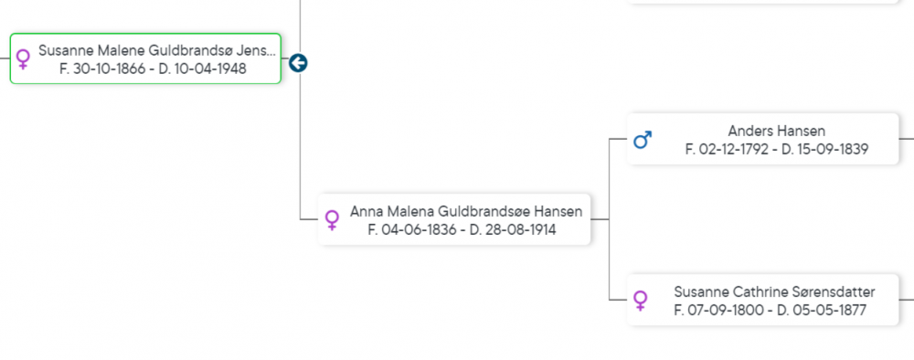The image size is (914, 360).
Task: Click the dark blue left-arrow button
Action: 298,63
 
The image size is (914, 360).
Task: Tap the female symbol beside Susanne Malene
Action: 24,59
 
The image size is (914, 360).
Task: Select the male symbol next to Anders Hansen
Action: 643,140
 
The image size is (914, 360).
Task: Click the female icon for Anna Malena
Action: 332,220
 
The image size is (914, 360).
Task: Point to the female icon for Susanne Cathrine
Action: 640,301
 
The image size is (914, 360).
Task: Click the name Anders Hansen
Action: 776,131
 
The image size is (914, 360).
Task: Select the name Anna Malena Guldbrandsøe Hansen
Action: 466,211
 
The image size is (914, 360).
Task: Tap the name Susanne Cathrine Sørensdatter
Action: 774,291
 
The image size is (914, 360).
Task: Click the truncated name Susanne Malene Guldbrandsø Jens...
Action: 157,50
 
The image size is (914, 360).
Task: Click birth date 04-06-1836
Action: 419,229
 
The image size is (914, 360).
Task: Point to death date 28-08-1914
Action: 517,229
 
